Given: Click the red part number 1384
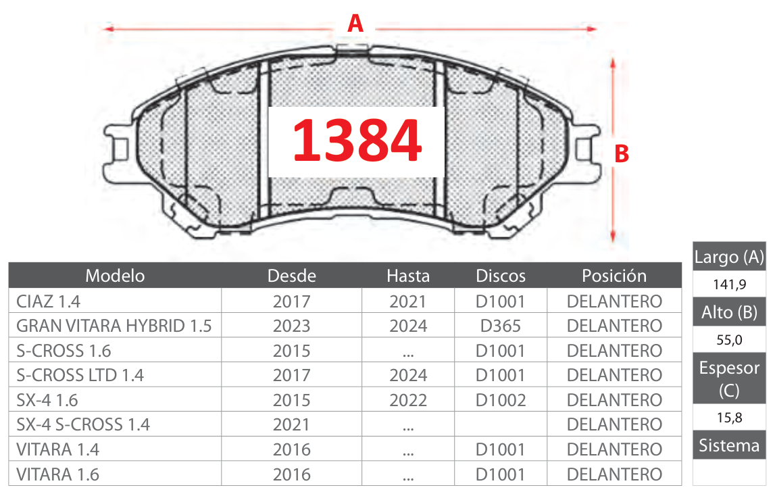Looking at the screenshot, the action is click(357, 141).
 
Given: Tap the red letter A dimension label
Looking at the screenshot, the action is click(355, 24).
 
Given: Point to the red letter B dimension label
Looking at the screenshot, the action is click(622, 154).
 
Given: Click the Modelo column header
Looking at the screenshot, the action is click(115, 276).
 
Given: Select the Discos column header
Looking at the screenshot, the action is click(501, 276).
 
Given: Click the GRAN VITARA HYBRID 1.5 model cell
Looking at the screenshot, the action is click(114, 326).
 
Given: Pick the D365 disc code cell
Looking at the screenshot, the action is click(501, 326).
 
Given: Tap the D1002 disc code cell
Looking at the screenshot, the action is click(501, 400).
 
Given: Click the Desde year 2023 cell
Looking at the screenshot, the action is click(292, 326).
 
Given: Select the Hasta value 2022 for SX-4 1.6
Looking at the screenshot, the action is click(408, 400).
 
